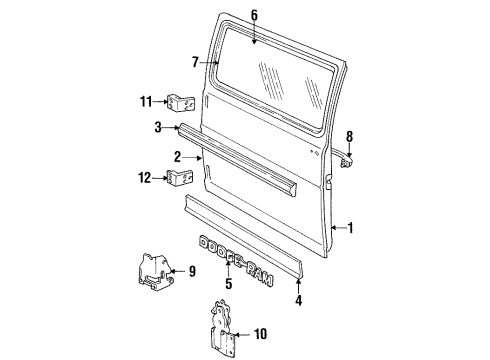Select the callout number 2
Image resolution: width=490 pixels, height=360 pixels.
click(x=177, y=157)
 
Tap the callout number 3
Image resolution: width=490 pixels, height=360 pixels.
click(x=157, y=127)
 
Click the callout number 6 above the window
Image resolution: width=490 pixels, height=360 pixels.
click(x=254, y=14)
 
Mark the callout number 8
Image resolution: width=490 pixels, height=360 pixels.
click(x=349, y=136)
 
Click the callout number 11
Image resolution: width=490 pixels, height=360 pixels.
click(x=145, y=101)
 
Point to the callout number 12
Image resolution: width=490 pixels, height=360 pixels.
click(x=145, y=177)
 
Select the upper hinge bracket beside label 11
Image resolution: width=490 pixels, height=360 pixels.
click(x=180, y=103)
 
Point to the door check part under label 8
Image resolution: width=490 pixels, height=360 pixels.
click(x=346, y=161)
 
